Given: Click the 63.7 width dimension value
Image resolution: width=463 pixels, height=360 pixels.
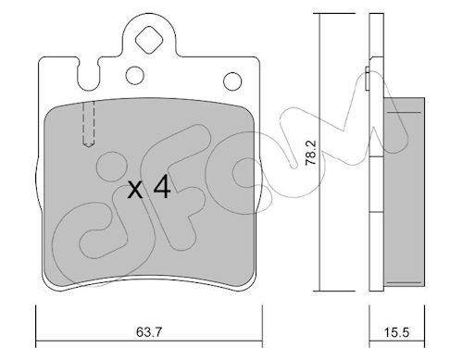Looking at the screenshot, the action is [149, 332].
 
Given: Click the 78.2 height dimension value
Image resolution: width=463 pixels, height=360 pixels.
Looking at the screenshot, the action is [311, 154].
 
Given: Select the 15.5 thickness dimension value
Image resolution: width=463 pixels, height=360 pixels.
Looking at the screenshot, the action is [396, 332].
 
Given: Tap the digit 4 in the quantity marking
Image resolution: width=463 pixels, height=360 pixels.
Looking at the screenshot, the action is [162, 186].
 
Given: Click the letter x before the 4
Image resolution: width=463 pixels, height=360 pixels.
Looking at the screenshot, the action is [135, 190].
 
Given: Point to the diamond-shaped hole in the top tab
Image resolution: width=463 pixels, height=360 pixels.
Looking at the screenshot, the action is [149, 40].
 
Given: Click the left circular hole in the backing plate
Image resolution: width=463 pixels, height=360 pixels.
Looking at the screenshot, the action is [135, 75].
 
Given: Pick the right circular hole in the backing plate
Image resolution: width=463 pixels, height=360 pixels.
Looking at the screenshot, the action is [232, 81].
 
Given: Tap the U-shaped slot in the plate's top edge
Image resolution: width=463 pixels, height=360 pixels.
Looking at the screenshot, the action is [89, 75].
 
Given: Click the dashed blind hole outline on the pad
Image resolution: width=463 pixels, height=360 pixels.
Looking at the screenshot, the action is [89, 123].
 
